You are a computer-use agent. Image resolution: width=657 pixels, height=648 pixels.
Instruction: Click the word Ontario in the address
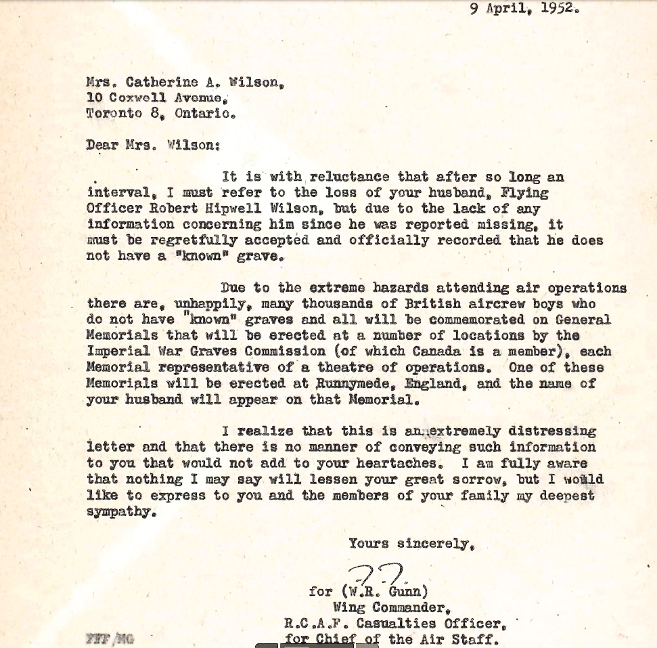(x=204, y=113)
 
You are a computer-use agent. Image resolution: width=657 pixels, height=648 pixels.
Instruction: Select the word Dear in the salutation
(x=102, y=144)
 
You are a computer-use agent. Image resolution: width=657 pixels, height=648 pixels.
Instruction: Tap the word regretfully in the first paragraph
(x=195, y=240)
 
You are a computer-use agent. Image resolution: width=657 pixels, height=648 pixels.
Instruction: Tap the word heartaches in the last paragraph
(x=390, y=463)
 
